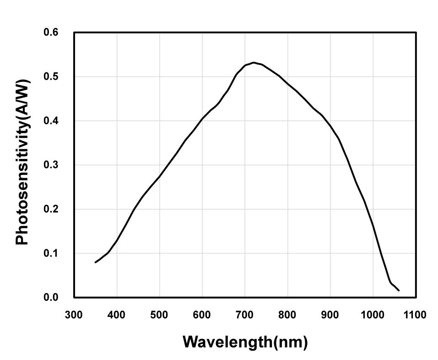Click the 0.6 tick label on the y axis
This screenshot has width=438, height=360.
coord(51,33)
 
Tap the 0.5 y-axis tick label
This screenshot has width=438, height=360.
coord(51,76)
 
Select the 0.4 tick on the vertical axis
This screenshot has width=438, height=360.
coord(51,121)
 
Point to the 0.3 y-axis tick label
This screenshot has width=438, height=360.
coord(51,165)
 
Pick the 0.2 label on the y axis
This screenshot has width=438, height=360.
coord(51,209)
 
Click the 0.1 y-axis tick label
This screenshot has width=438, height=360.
coord(51,253)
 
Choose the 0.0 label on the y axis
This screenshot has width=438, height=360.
coord(51,298)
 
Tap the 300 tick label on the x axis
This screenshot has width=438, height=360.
coord(74,315)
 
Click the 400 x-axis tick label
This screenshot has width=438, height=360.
coord(117,315)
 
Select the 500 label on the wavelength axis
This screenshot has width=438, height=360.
coord(159,315)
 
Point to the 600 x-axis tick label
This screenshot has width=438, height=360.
coord(202,315)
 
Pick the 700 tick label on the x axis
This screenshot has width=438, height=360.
coord(245,315)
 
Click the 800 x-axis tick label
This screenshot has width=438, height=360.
coord(287,315)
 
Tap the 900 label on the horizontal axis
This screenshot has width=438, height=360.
coord(330,315)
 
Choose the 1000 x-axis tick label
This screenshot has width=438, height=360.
coord(373,315)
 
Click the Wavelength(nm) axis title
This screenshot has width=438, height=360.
coord(245,342)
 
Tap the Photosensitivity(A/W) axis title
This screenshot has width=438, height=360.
coord(23,163)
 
